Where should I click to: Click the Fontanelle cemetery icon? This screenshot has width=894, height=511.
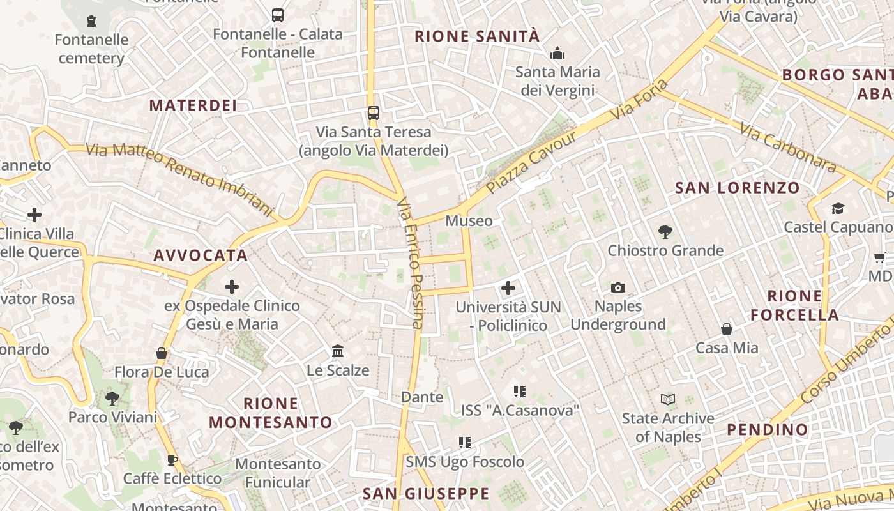[x=91, y=21]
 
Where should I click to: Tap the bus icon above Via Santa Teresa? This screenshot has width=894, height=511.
[x=374, y=113]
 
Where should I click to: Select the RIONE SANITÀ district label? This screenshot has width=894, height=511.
[x=477, y=36]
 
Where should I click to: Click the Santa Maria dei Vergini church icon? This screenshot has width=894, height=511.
[x=557, y=53]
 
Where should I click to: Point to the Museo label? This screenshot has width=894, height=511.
[x=469, y=221]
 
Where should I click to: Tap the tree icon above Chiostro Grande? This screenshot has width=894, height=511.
[x=665, y=232]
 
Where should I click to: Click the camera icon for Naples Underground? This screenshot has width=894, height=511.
[x=617, y=287]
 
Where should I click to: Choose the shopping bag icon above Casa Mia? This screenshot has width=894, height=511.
[x=727, y=329]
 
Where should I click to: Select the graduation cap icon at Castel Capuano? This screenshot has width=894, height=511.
[x=838, y=208]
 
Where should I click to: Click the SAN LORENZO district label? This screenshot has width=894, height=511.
[x=737, y=188]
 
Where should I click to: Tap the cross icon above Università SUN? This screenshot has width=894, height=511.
[x=508, y=288]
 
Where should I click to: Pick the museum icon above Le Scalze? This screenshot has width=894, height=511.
[x=338, y=351]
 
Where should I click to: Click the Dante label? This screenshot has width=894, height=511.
[x=421, y=397]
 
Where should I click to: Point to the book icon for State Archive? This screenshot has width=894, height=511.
[x=668, y=400]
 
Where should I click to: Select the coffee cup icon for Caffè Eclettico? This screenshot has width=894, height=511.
[x=172, y=460]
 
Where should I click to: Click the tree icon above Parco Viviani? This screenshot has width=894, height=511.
[x=112, y=399]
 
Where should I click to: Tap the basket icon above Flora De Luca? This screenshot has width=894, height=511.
[x=162, y=353]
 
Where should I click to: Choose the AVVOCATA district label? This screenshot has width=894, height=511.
[x=201, y=256]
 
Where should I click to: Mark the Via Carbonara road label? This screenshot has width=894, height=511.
[x=788, y=148]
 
